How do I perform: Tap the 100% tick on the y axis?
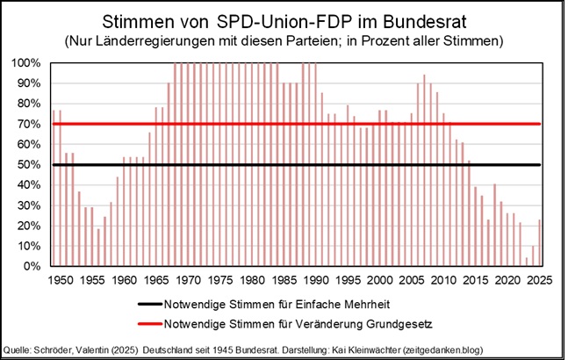[29, 63]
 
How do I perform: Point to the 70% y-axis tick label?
[32, 124]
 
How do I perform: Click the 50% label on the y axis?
[32, 164]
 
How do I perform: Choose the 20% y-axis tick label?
[32, 226]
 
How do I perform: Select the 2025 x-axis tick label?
[537, 280]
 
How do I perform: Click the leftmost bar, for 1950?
[54, 188]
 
